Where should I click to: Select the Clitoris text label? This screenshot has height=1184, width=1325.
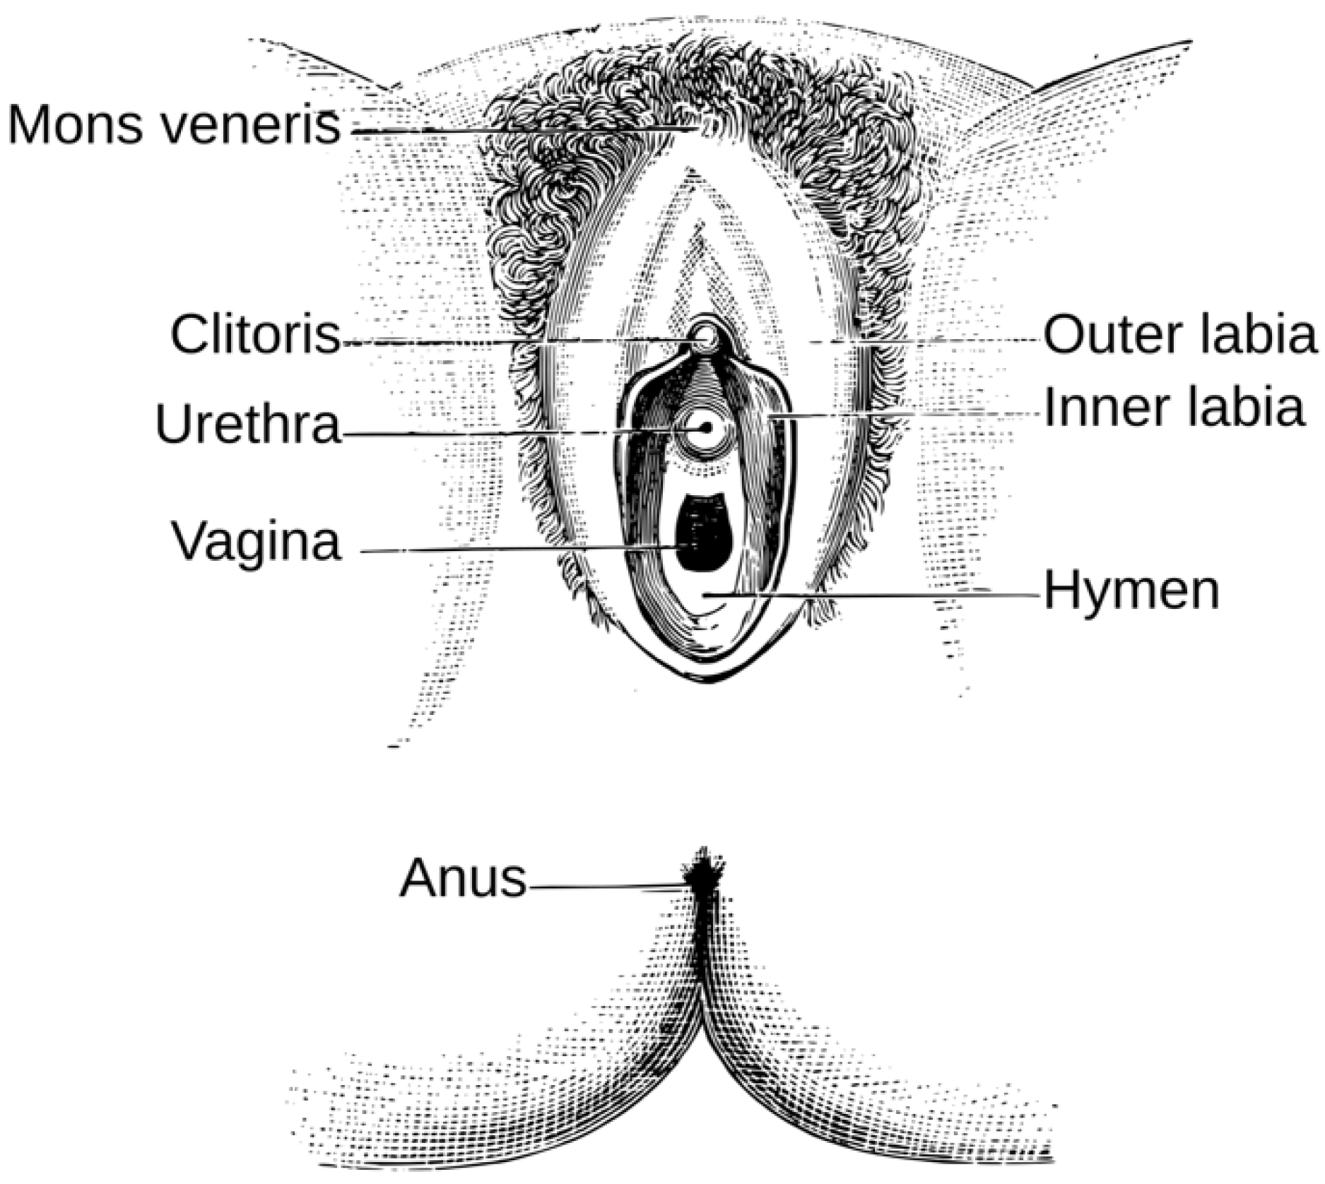tap(255, 334)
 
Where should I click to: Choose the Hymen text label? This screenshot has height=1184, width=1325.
tap(1131, 591)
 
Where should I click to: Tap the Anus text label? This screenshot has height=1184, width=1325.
tap(463, 879)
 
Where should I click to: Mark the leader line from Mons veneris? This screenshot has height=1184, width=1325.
tap(523, 131)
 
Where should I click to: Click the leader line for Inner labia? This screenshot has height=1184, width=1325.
tap(912, 415)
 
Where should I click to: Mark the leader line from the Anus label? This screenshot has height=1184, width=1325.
tap(608, 886)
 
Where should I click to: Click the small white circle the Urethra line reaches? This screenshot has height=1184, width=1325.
tap(705, 428)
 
